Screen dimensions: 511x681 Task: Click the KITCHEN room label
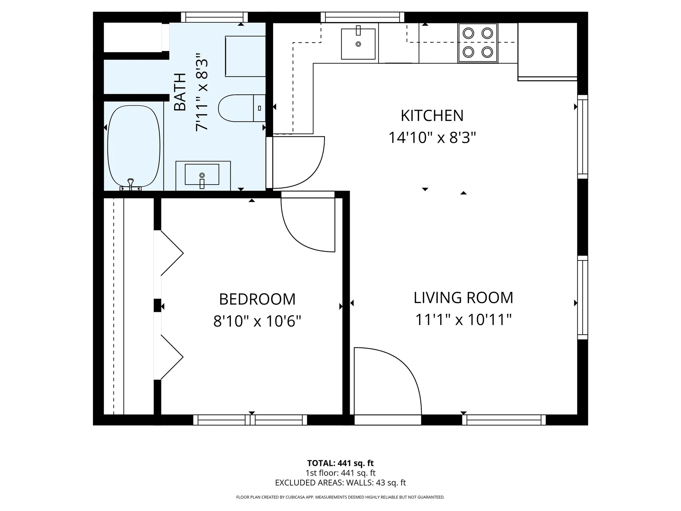[432, 116]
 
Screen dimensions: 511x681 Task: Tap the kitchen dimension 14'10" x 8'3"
[432, 138]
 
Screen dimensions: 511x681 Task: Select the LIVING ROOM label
[463, 298]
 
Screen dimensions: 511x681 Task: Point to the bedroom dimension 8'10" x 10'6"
[257, 321]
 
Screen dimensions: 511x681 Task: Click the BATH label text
[181, 92]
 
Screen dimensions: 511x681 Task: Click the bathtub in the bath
[134, 145]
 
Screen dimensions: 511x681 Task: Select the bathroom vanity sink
[202, 175]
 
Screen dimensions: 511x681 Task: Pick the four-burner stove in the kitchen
[478, 43]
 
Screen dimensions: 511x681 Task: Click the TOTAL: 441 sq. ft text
[340, 463]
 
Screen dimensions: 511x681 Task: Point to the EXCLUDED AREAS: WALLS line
[340, 483]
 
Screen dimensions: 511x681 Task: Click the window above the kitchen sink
[362, 17]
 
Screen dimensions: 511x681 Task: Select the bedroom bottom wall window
[250, 420]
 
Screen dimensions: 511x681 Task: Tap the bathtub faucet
[131, 183]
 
